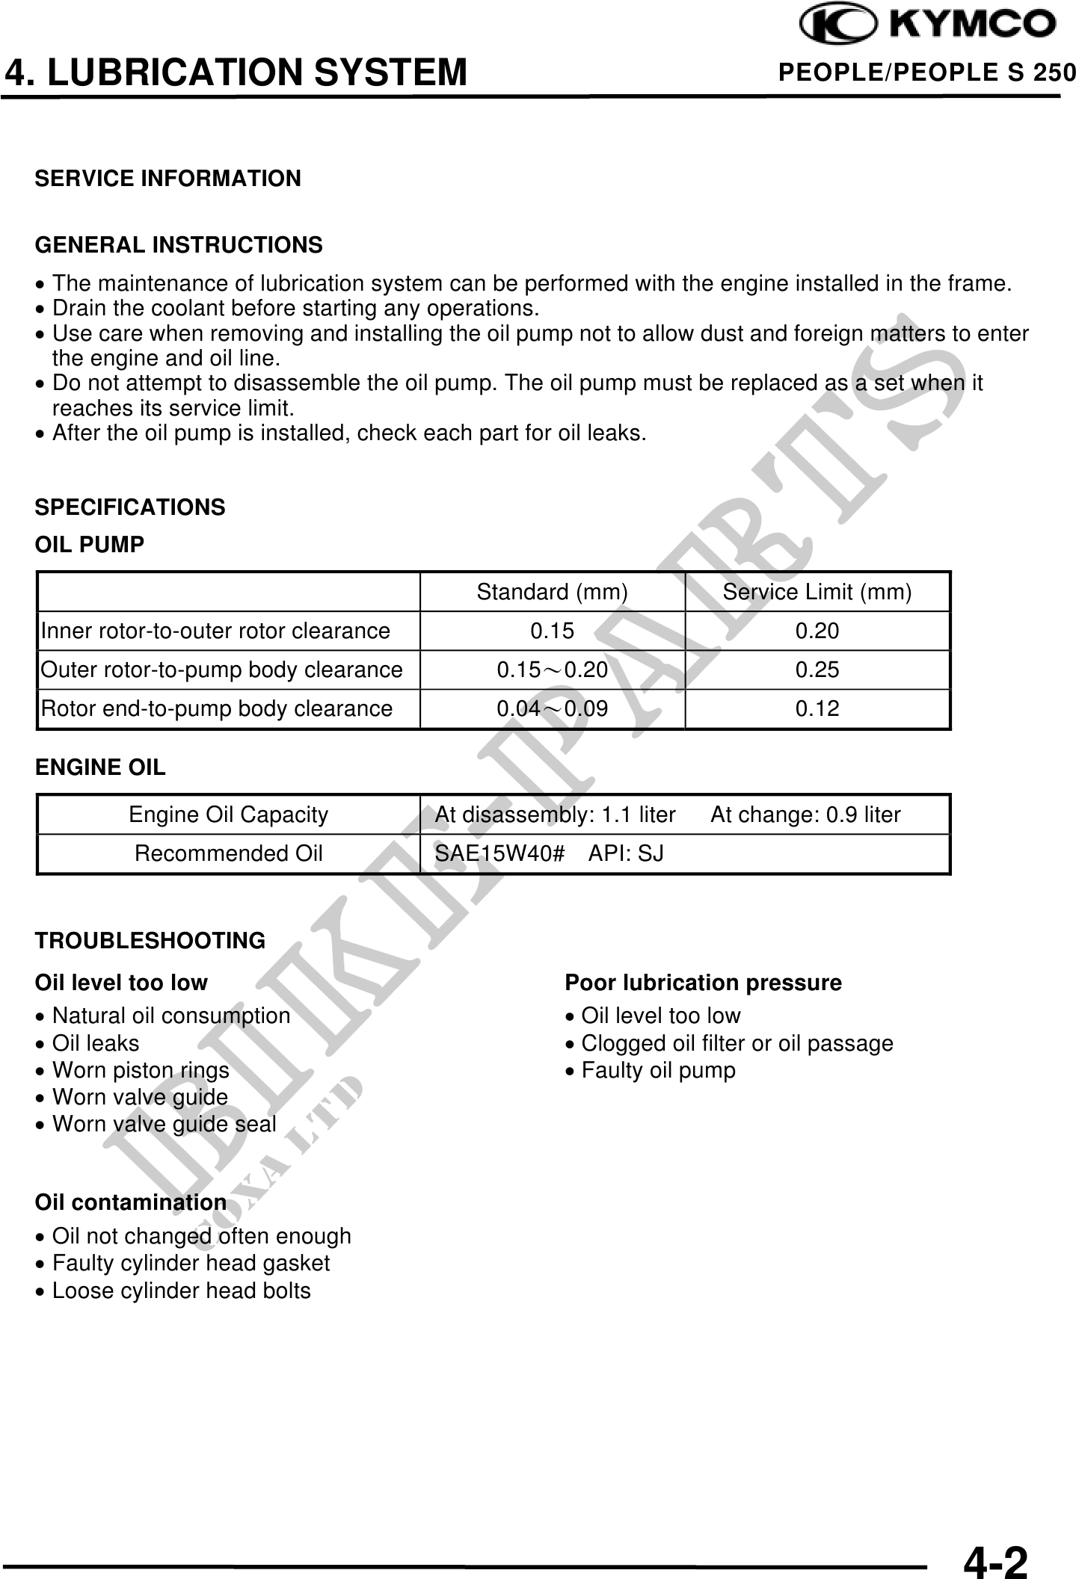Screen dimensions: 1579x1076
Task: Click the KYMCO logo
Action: [x=929, y=25]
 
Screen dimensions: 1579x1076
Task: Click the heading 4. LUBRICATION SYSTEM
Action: [x=236, y=72]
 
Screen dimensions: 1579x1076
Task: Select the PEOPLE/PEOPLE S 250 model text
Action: [x=926, y=72]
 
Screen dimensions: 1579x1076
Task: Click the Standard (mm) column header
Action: [x=552, y=592]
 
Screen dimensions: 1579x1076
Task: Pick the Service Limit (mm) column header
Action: [x=817, y=592]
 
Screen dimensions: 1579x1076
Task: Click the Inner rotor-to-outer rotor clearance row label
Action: [x=215, y=631]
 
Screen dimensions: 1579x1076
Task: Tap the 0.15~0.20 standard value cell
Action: [x=552, y=670]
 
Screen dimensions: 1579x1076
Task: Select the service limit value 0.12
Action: [x=817, y=708]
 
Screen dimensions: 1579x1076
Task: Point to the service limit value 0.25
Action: [x=817, y=670]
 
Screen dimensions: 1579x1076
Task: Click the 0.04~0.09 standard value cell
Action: [x=552, y=708]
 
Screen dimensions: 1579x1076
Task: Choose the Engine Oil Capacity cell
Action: [x=228, y=815]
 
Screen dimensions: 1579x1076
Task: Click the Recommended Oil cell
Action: [x=228, y=853]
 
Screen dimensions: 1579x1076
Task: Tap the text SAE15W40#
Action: [x=499, y=853]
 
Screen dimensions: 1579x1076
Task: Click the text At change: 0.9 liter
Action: [x=805, y=815]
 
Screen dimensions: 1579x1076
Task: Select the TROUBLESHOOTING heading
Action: [x=150, y=940]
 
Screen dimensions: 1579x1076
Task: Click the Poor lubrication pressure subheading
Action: [x=703, y=983]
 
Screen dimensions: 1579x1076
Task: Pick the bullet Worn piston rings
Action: [x=141, y=1070]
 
